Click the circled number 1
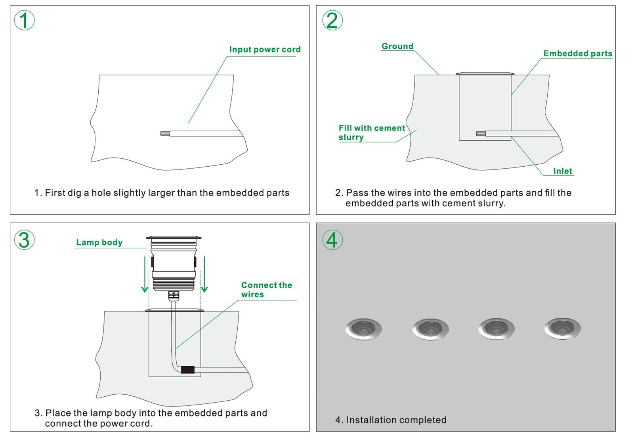[x=24, y=20]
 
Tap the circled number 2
[x=332, y=20]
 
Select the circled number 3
[x=24, y=240]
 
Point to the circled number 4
[x=332, y=240]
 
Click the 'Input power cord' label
[x=265, y=49]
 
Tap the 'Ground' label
[x=397, y=46]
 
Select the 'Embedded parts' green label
[x=578, y=53]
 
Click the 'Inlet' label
[x=563, y=171]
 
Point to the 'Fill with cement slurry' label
[x=371, y=133]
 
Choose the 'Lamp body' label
[x=99, y=242]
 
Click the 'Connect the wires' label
[x=266, y=289]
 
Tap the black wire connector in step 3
[x=188, y=370]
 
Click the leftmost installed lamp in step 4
[x=363, y=329]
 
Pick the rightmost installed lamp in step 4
[x=563, y=329]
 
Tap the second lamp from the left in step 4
[x=430, y=329]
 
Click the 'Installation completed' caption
[x=391, y=420]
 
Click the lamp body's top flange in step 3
[x=174, y=238]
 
